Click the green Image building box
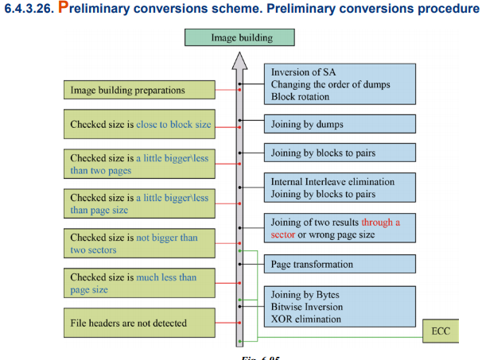click(239, 37)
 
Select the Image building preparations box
click(139, 90)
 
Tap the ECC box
click(441, 331)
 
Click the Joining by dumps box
click(340, 124)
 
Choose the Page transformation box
click(340, 264)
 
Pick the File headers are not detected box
click(139, 323)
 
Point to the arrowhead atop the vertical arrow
click(239, 60)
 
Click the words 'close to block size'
click(173, 125)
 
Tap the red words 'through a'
click(380, 222)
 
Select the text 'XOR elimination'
click(306, 319)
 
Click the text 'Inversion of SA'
click(303, 72)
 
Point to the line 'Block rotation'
click(300, 96)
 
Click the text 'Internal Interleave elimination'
click(332, 181)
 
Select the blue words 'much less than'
click(166, 277)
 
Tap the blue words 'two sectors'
click(93, 250)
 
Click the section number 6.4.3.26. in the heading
click(29, 9)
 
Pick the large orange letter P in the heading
click(63, 7)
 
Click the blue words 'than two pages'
click(101, 170)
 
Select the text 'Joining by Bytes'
click(305, 295)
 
